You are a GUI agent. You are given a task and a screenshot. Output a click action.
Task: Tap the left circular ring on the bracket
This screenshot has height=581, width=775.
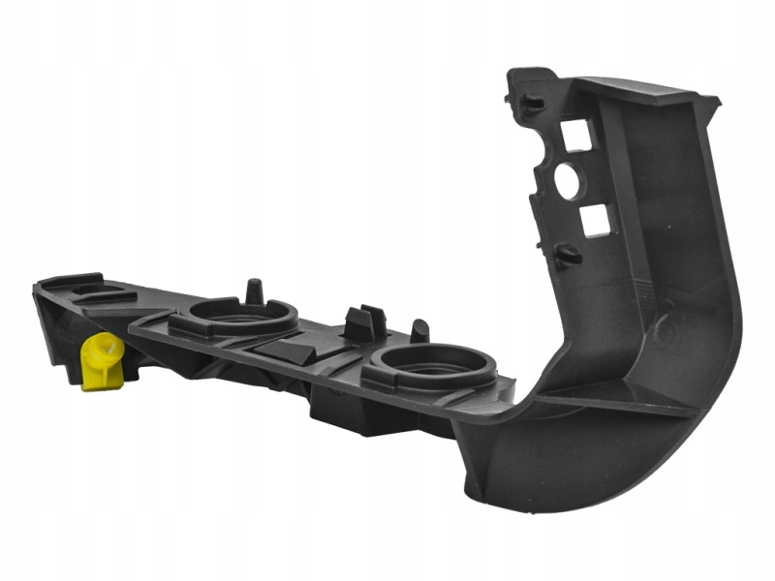point(241,315)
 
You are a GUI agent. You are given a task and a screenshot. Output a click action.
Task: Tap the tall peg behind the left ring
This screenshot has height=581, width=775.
point(255,290)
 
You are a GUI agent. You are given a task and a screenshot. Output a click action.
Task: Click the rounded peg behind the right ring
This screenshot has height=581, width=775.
point(420,330)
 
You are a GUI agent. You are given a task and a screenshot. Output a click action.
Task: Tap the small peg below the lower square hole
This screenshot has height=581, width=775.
point(569,257)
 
